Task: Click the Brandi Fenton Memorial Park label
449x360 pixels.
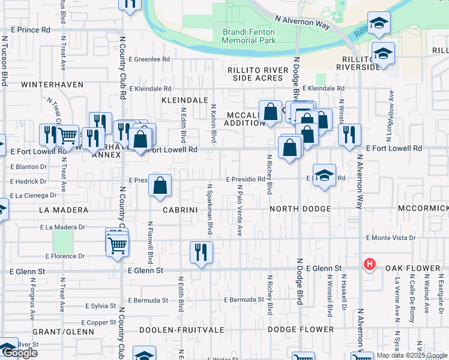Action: [249, 36]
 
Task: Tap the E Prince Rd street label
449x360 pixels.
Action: [30, 29]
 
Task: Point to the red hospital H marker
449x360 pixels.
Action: [370, 264]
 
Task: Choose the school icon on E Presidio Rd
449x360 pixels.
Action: [324, 176]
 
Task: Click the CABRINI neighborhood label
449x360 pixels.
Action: [177, 210]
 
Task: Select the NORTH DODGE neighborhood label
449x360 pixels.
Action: [300, 209]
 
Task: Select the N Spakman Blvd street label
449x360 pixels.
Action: [210, 209]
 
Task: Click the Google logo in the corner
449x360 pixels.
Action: [19, 353]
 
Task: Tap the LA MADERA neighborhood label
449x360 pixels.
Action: [63, 210]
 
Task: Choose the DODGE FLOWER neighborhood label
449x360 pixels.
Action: [301, 329]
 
